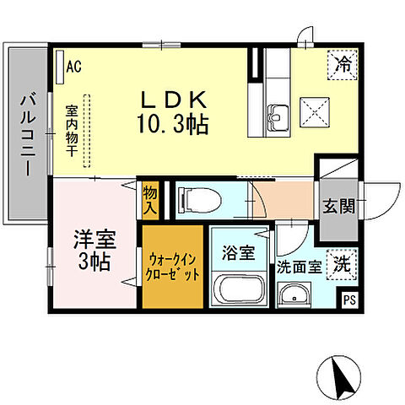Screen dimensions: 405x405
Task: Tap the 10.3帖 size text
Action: [175, 124]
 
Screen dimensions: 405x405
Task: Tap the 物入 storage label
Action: [150, 199]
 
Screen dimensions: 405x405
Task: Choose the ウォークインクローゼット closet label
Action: [173, 266]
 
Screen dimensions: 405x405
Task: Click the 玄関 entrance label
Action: [337, 205]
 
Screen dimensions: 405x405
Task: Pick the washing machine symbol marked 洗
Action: [341, 263]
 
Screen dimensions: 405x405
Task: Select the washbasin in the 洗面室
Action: [294, 295]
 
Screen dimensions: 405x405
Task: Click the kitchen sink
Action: [278, 112]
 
